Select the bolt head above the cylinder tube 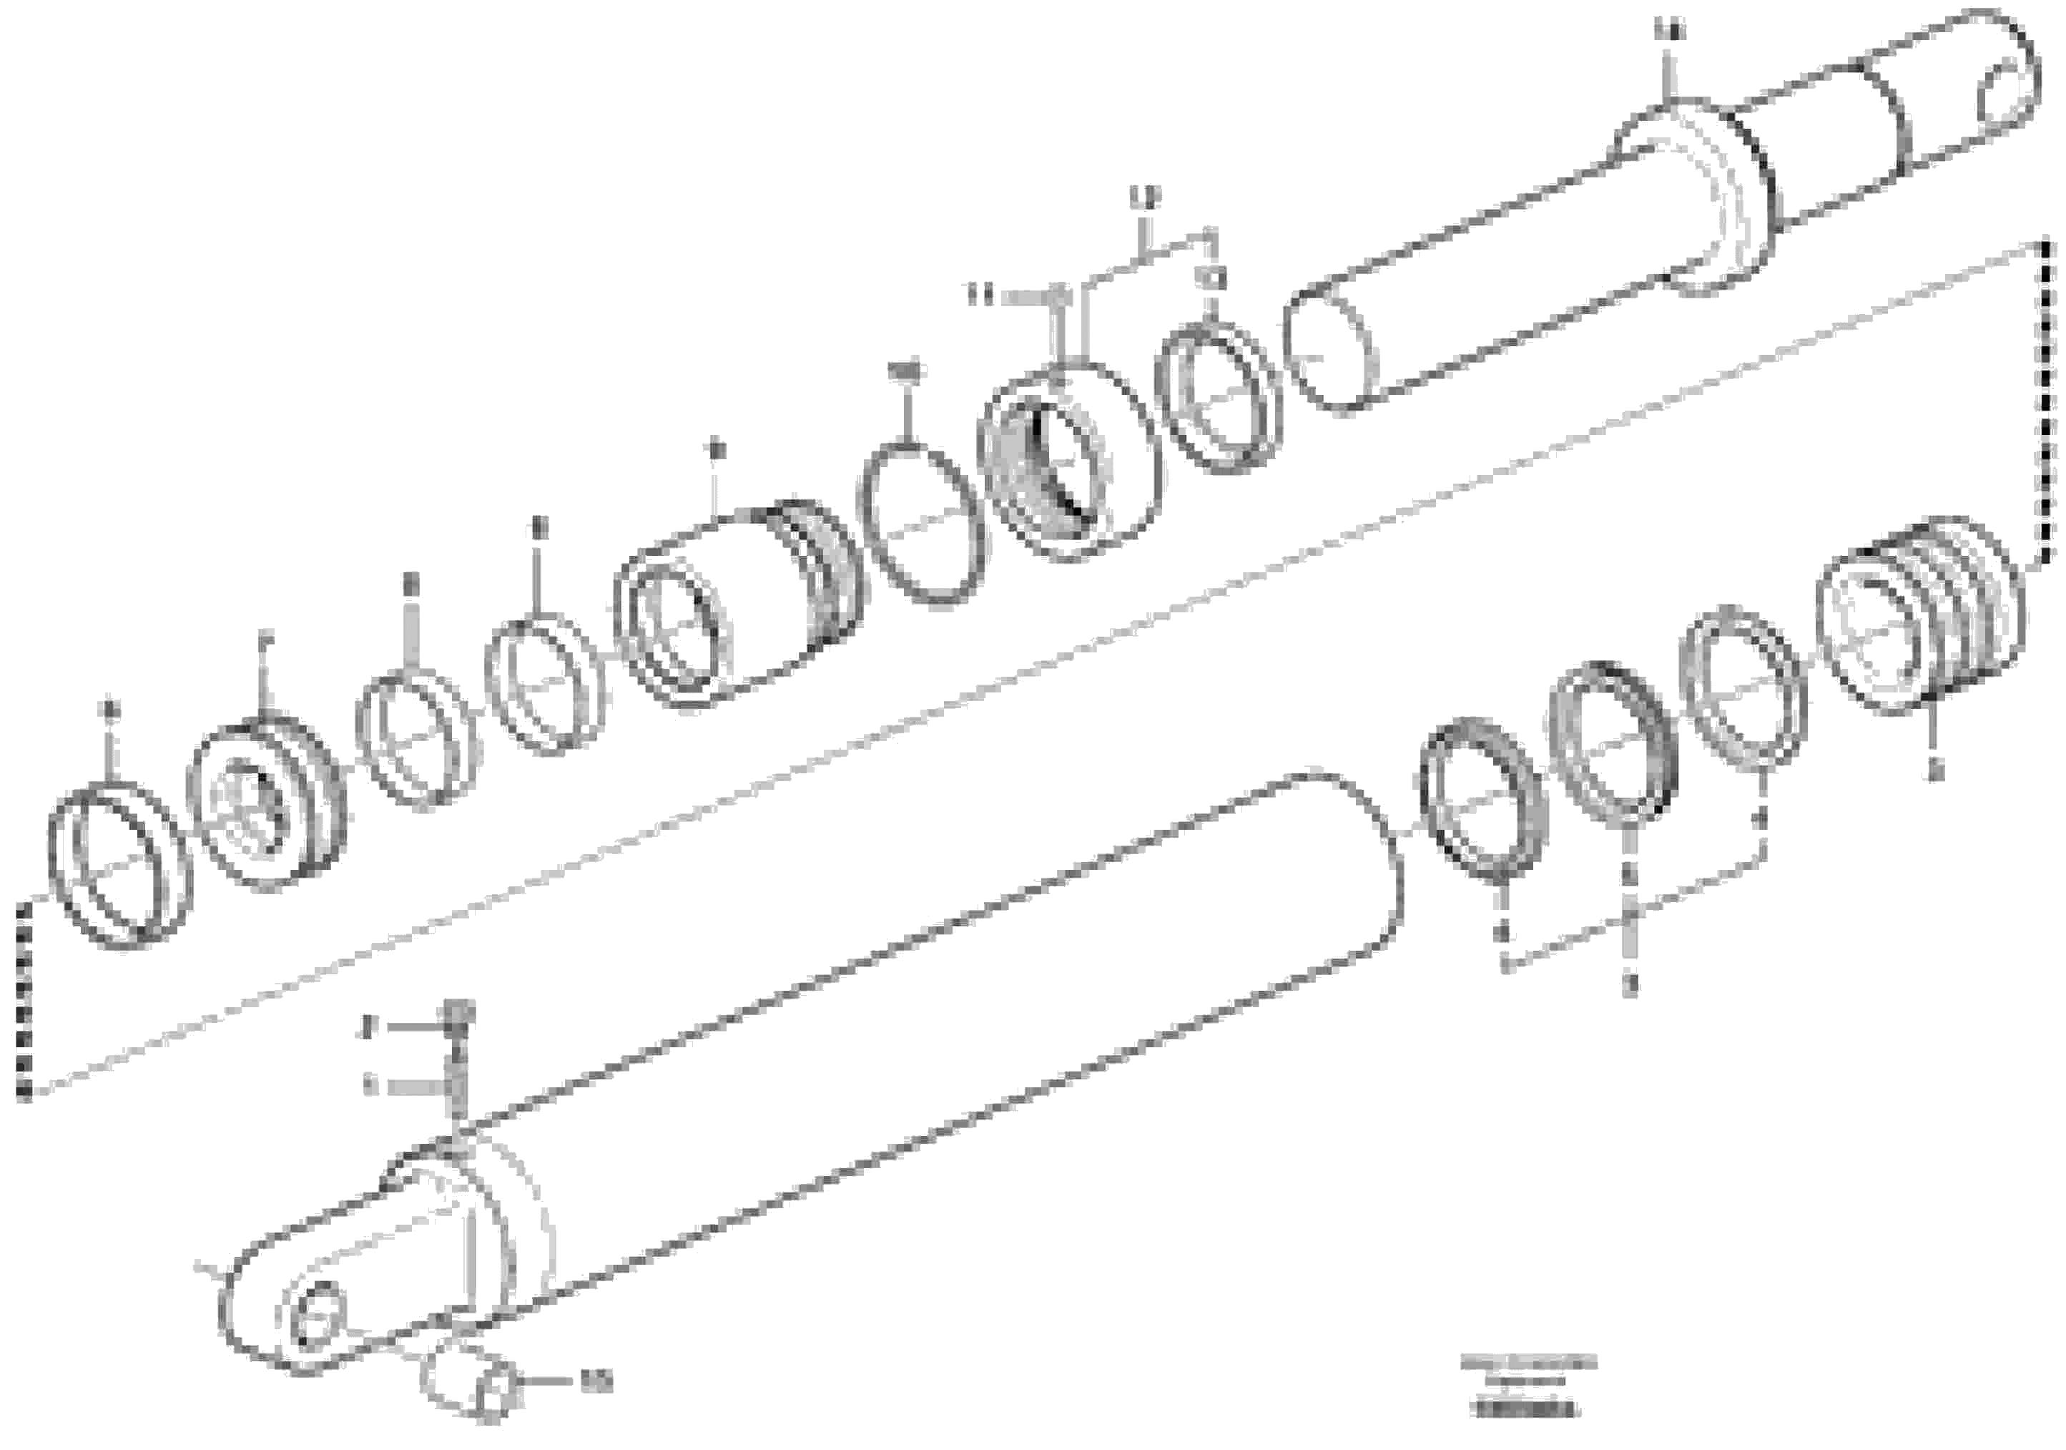[x=459, y=1014]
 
